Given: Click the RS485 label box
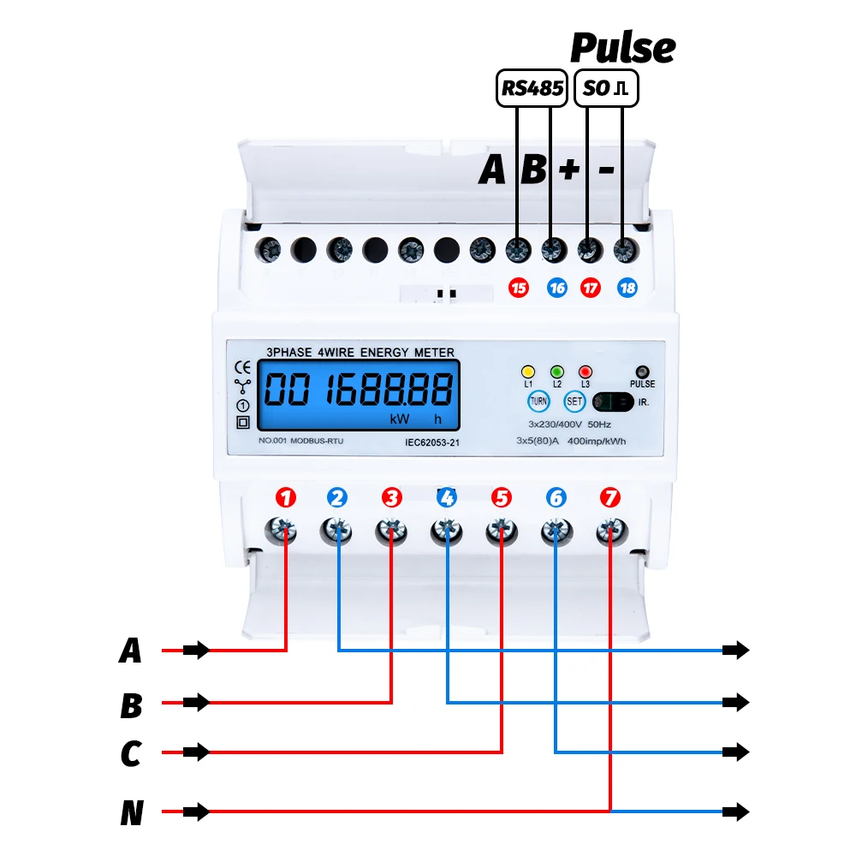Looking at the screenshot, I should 532,88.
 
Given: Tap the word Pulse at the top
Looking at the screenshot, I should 622,48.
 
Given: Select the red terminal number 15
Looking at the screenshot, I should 518,288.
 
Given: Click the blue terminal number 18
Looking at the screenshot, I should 627,288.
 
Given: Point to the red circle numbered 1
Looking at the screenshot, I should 286,497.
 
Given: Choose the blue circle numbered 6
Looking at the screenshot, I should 556,497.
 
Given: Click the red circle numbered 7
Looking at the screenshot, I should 610,497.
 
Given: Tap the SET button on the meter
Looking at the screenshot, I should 574,401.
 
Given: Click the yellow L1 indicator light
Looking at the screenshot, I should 528,372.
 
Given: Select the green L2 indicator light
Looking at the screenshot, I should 557,372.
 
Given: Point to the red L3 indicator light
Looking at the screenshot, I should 586,372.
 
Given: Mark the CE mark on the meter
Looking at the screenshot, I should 242,369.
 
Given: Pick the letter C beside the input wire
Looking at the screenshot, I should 130,754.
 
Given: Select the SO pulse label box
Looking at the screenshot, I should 606,88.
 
